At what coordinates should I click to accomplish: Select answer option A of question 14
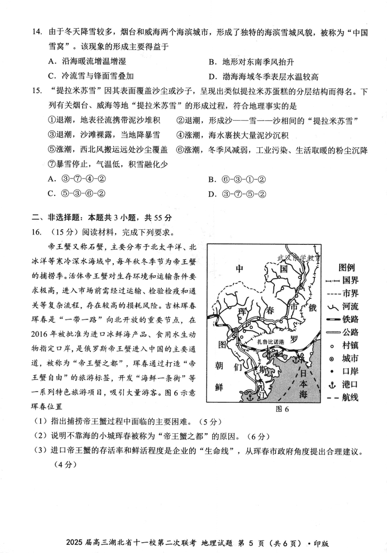point(52,62)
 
